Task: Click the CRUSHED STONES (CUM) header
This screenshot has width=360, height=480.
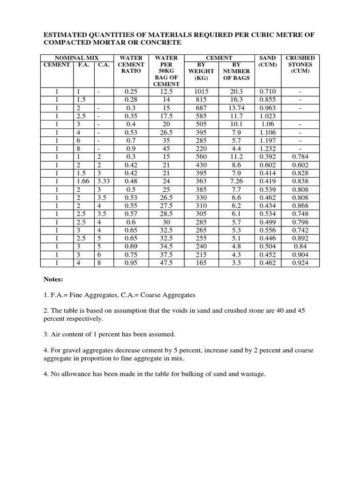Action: tap(300, 64)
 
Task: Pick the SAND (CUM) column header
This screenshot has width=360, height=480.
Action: tap(267, 61)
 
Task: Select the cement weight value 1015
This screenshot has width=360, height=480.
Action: tap(202, 91)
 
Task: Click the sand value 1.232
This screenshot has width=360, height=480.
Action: tap(267, 149)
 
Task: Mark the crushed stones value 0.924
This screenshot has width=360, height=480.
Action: tap(300, 263)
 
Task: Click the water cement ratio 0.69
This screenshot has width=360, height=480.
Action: tap(131, 247)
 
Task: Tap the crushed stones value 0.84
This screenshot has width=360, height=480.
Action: tap(300, 247)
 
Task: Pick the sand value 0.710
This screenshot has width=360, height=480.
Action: tap(267, 91)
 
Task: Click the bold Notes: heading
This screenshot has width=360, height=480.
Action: tap(53, 279)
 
